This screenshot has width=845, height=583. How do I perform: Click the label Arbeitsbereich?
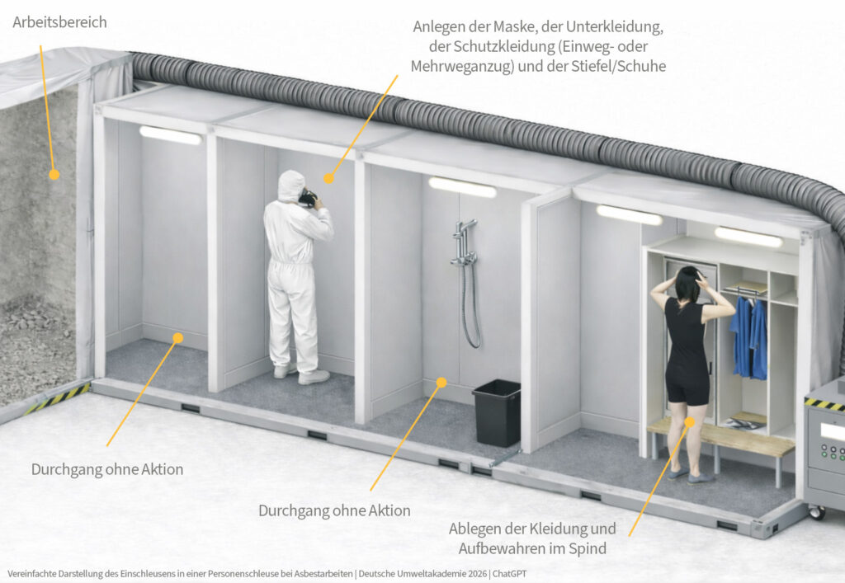pos(59,22)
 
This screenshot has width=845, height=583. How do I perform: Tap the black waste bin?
pos(497,412)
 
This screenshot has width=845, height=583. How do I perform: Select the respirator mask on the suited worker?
pos(308,198)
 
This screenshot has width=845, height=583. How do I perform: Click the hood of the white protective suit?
pos(290,186)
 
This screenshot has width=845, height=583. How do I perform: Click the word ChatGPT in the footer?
pos(511,572)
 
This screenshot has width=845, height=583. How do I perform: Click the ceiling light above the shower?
pos(462,187)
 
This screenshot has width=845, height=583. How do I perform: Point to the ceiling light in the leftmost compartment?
pos(170,134)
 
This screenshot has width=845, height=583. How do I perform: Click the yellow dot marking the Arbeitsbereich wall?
pos(54,175)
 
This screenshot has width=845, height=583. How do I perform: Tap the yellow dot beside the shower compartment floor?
pos(441,383)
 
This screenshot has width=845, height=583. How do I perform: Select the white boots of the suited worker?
pos(305,375)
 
